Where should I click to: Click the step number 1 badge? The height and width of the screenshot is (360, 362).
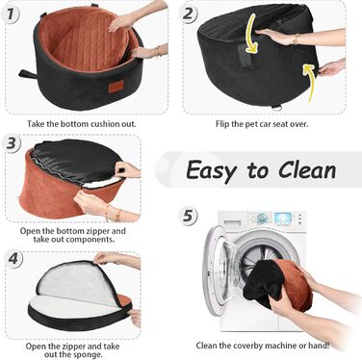coord(11,15)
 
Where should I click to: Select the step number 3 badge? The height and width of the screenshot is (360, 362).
coord(12,143)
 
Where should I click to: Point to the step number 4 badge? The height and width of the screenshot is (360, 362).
coord(13,259)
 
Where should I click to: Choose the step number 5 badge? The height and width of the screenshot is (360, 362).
coord(188,215)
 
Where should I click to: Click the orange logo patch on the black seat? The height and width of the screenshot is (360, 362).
coord(116,87)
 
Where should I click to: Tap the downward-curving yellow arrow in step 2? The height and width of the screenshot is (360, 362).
coord(252,35)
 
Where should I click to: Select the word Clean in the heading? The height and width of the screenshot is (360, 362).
coord(307,170)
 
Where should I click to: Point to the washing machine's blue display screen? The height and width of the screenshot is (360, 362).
coord(283,219)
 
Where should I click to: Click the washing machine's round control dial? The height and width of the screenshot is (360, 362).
coord(262,219)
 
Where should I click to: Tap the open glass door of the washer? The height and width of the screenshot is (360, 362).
coord(221,267)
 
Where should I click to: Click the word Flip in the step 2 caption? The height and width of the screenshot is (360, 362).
coord(222,124)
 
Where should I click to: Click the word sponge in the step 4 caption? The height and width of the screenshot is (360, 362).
coord(87,355)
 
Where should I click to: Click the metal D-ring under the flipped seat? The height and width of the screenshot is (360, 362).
coord(276,108)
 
